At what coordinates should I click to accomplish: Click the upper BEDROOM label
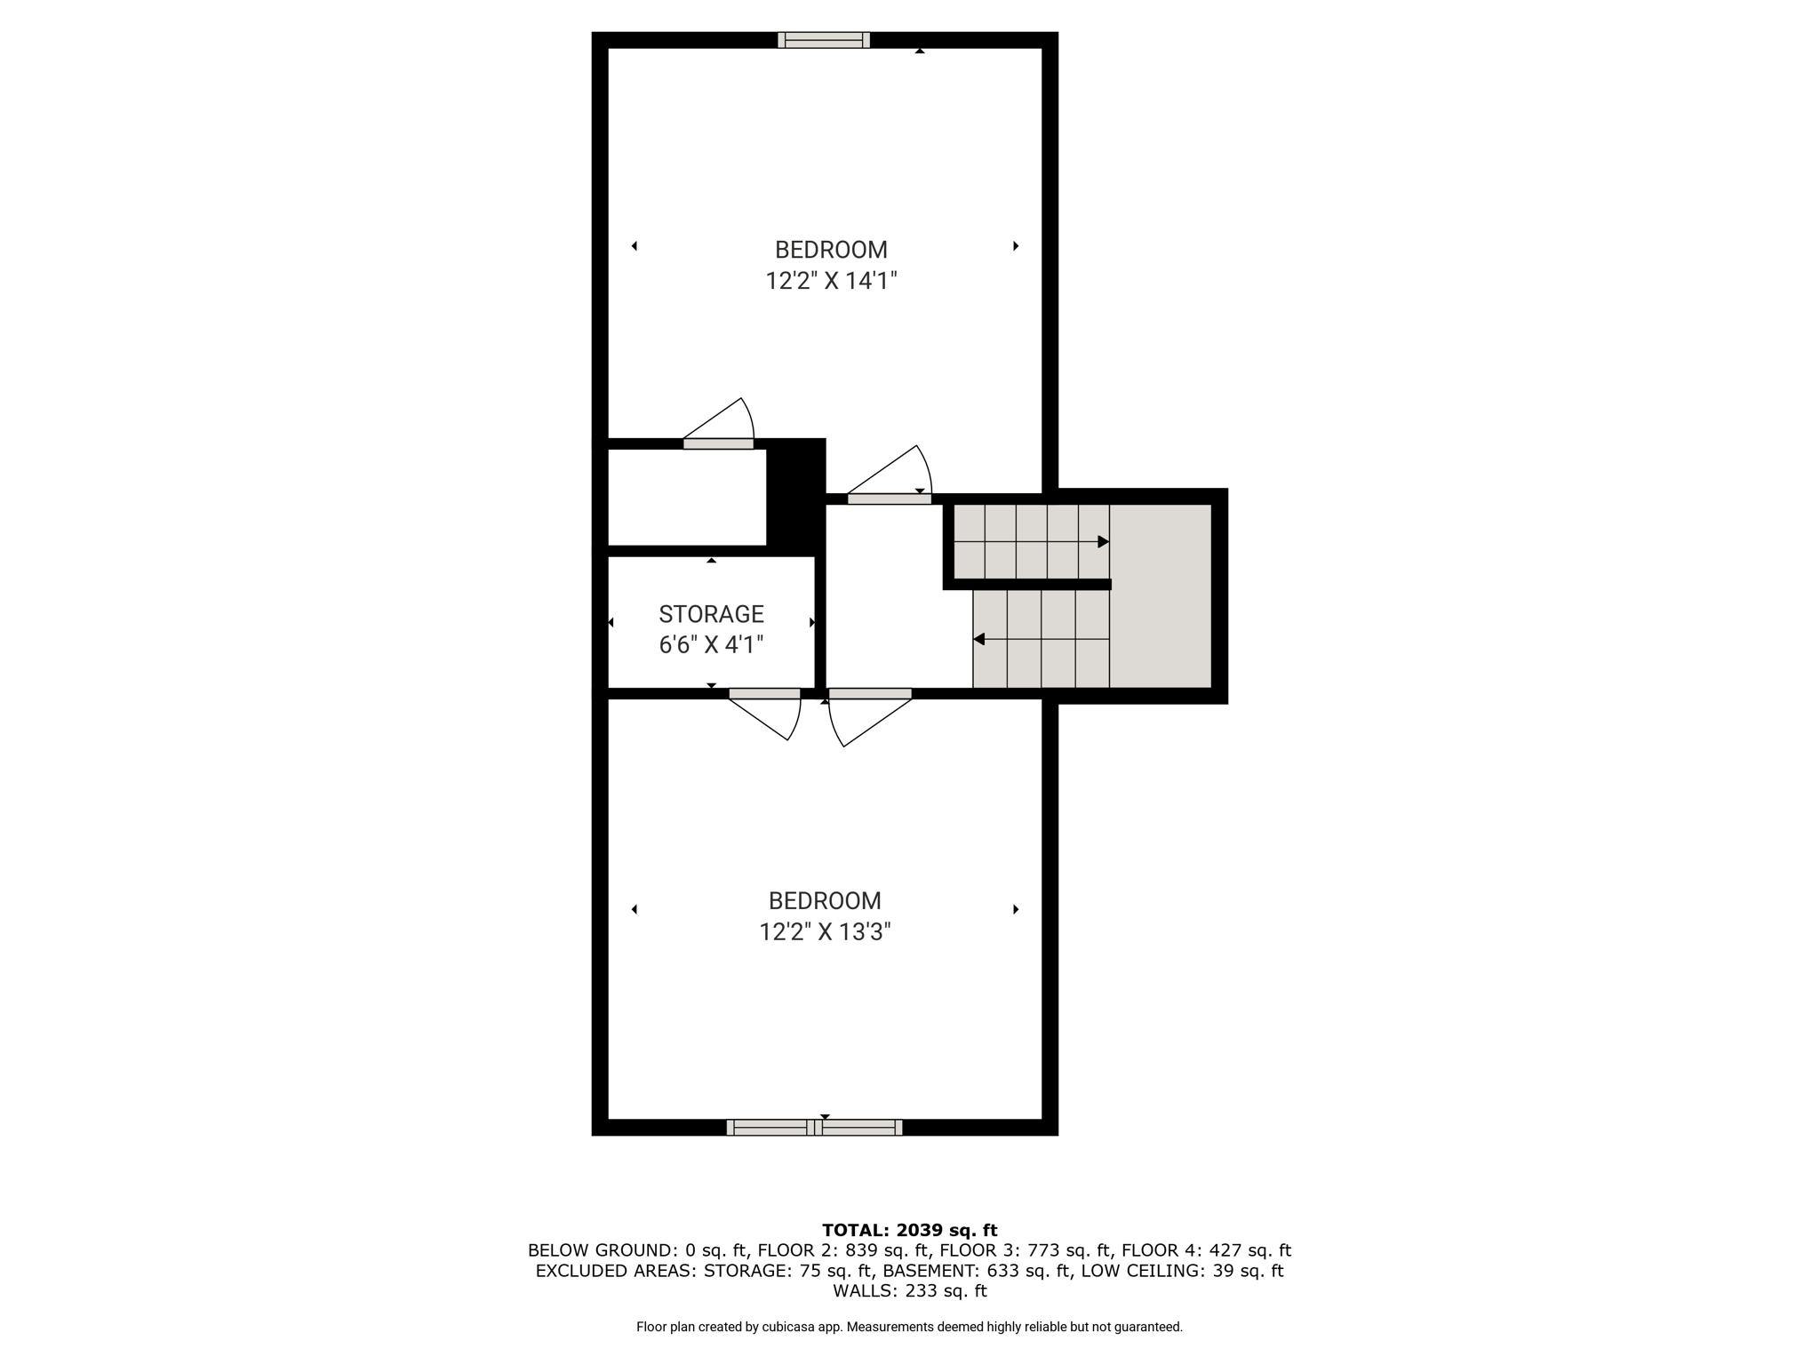(x=831, y=250)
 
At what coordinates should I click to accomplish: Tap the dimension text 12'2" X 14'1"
(x=831, y=281)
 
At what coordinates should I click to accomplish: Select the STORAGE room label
(x=711, y=614)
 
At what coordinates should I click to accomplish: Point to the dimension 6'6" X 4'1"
(x=711, y=644)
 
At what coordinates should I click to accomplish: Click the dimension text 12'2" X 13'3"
(x=825, y=931)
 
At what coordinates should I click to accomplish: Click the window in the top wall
(x=824, y=40)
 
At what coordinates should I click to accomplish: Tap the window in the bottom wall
(x=814, y=1127)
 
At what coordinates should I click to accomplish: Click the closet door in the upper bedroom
(x=718, y=423)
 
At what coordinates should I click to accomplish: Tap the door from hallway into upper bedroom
(x=890, y=475)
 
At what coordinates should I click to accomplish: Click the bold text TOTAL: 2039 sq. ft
(x=909, y=1231)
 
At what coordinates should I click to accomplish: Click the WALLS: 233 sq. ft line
(x=909, y=1290)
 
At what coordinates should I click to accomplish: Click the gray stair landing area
(x=1161, y=595)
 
